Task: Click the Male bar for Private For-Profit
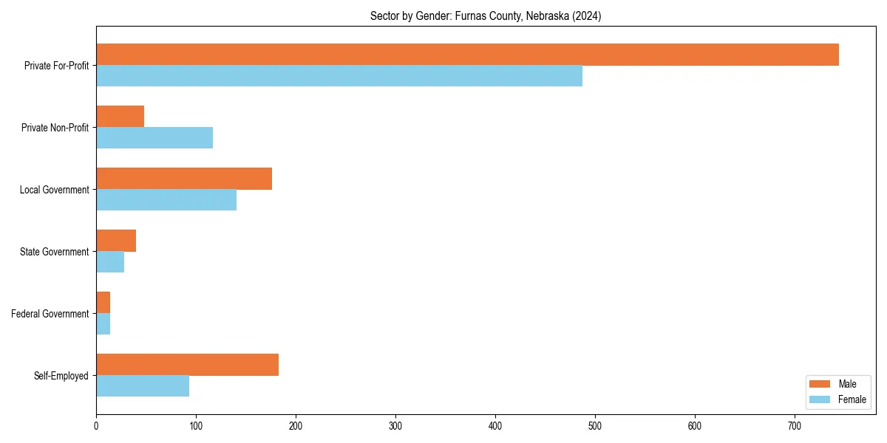pos(467,55)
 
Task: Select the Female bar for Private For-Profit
pos(339,76)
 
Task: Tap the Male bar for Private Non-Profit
pos(120,117)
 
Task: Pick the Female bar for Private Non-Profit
pos(154,138)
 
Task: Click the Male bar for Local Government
pos(184,179)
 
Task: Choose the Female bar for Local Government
pos(166,200)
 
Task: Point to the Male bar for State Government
pos(116,241)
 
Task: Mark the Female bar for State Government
pos(110,262)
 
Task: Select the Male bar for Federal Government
pos(103,303)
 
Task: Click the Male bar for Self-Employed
pos(187,365)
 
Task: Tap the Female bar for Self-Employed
pos(143,386)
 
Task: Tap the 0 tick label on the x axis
pos(96,426)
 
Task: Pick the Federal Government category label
pos(50,314)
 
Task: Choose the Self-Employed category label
pos(61,376)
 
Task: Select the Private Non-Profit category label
pos(55,128)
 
